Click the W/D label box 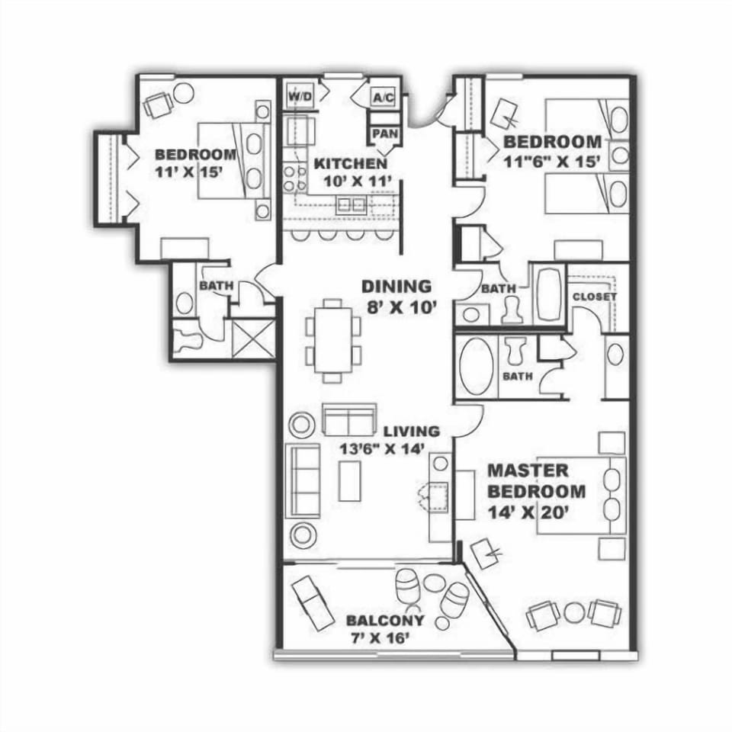point(296,97)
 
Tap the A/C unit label point(381,98)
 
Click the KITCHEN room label point(350,164)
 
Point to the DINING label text point(396,287)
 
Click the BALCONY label point(385,620)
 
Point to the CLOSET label point(594,297)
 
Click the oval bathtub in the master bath point(477,367)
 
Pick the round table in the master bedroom point(575,612)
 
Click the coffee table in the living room point(350,481)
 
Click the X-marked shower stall point(253,339)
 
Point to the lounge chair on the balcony point(313,602)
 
